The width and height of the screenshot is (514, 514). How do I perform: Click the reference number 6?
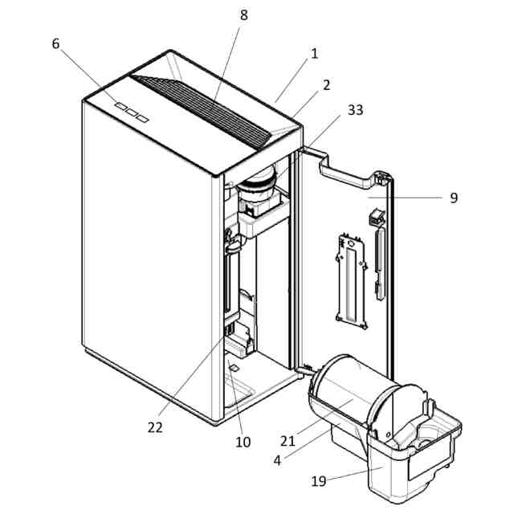pyautogui.click(x=55, y=44)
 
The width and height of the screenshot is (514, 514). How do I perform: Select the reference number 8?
pyautogui.click(x=244, y=14)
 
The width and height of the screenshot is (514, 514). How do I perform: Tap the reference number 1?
pyautogui.click(x=315, y=54)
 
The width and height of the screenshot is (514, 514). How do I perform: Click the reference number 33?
pyautogui.click(x=354, y=110)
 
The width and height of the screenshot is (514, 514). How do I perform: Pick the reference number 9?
pyautogui.click(x=454, y=197)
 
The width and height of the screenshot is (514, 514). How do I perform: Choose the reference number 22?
pyautogui.click(x=155, y=426)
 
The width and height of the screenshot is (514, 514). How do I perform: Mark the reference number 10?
pyautogui.click(x=243, y=441)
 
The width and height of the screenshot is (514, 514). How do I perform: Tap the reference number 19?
pyautogui.click(x=320, y=482)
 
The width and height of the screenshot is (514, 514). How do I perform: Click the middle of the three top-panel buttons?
pyautogui.click(x=131, y=112)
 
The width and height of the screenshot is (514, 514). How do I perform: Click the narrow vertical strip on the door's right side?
pyautogui.click(x=379, y=264)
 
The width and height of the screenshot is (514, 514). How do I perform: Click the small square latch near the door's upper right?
pyautogui.click(x=376, y=218)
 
